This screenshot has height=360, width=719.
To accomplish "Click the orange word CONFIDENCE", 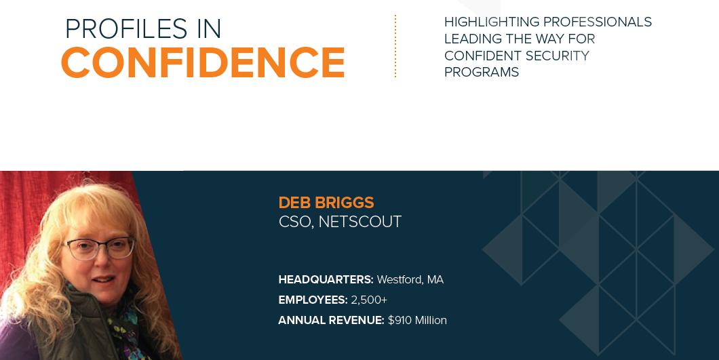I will pos(203,62).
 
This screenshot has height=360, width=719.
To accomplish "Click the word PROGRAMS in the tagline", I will pos(482,72).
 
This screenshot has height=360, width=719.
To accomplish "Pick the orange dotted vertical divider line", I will pos(395,46).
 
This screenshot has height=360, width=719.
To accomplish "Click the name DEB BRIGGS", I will pos(326,203).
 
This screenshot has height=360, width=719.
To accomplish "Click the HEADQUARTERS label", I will pos(326,279).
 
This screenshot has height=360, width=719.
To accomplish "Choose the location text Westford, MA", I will pos(410,279).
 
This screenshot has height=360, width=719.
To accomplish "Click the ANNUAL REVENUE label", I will pos(331,320).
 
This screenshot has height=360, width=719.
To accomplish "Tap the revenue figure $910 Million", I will pos(417,320).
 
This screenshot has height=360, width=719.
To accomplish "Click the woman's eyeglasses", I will pos(98,248).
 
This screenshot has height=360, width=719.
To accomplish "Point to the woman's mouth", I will pos(102,280).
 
